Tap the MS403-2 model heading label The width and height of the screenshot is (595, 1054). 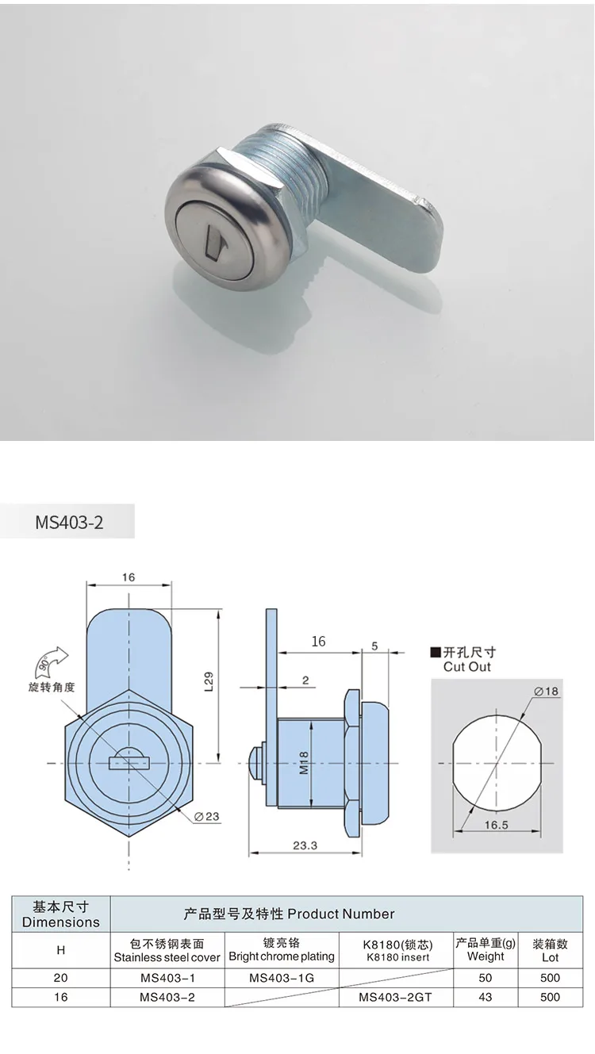[69, 523]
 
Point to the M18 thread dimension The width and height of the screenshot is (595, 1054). [305, 762]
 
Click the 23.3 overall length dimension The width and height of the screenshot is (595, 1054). [304, 845]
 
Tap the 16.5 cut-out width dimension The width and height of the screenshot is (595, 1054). [494, 825]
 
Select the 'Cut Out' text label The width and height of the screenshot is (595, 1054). [467, 667]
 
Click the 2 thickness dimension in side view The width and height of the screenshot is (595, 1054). [305, 680]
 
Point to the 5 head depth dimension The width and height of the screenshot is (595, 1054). [374, 646]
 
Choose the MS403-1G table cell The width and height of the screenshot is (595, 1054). [282, 978]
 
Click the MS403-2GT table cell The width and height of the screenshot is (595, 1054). [395, 997]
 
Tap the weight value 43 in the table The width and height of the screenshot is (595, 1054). [486, 997]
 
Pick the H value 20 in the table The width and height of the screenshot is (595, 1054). [61, 978]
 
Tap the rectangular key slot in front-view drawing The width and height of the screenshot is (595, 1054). [129, 763]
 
